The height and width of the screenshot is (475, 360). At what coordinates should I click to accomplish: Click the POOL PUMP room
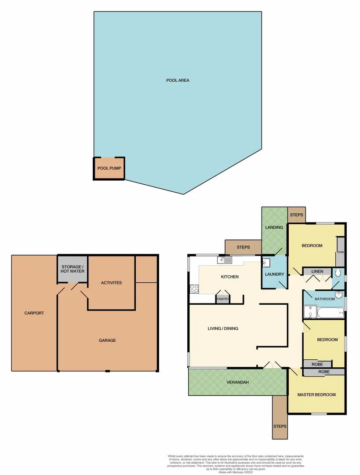109,168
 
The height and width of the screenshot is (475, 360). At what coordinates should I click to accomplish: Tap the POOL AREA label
178,80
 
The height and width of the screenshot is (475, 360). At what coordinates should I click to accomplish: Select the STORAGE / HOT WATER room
73,269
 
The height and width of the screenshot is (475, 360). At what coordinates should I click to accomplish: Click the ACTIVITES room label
111,283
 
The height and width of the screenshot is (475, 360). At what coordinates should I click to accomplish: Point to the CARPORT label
34,313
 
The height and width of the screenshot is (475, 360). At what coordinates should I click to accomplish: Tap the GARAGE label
107,340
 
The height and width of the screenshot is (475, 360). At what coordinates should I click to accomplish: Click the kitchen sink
225,260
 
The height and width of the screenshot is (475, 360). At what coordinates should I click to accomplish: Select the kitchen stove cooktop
194,289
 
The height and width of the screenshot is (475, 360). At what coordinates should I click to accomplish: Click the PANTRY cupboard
222,299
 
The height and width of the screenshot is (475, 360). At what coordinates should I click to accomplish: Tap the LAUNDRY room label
275,274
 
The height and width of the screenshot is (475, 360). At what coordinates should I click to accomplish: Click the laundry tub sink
266,263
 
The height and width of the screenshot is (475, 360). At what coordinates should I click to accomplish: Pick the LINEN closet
317,272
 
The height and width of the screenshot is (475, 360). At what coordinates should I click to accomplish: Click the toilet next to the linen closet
338,273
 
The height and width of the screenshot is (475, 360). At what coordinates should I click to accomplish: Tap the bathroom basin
339,295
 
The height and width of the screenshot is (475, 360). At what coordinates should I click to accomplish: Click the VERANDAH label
238,382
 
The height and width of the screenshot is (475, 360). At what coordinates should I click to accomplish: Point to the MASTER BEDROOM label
316,395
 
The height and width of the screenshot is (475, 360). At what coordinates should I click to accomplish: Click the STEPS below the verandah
280,426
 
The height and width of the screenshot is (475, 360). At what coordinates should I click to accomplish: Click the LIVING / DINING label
223,329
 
